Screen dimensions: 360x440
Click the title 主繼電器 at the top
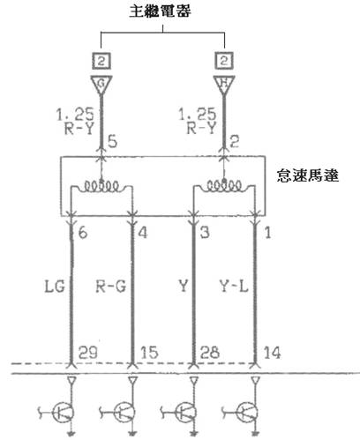[161, 11]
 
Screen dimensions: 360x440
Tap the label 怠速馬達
[308, 175]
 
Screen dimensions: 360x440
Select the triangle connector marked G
[101, 85]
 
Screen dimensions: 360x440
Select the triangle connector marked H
[224, 85]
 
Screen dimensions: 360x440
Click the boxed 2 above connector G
[101, 61]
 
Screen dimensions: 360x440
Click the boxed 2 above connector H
[224, 61]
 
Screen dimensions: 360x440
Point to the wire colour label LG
[55, 286]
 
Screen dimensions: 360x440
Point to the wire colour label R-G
[111, 286]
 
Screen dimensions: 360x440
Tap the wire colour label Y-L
[234, 286]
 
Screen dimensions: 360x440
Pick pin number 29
[88, 353]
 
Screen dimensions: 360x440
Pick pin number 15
[149, 353]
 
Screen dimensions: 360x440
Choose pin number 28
[210, 353]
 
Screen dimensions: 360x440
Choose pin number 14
[272, 353]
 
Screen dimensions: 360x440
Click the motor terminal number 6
[83, 233]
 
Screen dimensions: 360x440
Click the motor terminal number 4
[143, 233]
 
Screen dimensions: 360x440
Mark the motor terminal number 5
[112, 141]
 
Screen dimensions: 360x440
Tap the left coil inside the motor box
[101, 186]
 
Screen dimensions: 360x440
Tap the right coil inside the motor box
[224, 186]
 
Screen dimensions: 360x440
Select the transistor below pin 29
[63, 413]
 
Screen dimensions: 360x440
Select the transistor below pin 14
[246, 413]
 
